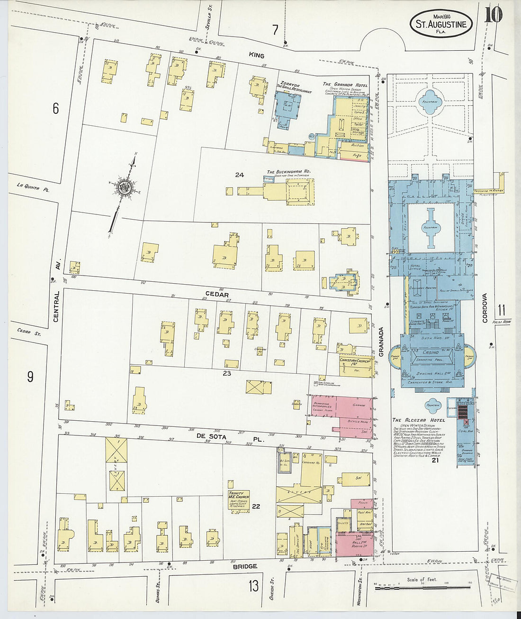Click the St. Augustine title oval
click(441, 24)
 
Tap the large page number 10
click(494, 15)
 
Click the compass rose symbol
click(126, 186)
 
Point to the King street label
click(257, 55)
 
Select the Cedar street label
click(217, 295)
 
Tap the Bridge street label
click(245, 566)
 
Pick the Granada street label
click(381, 342)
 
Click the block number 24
click(239, 175)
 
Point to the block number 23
click(227, 373)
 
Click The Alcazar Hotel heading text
click(419, 420)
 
